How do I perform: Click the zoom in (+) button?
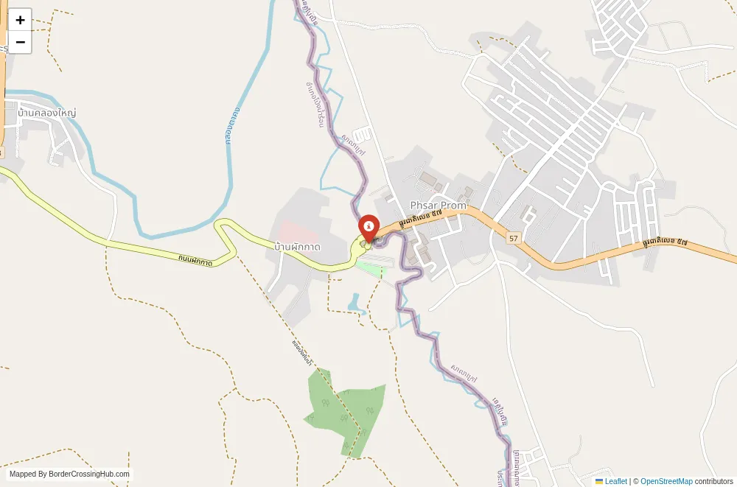pyautogui.click(x=20, y=20)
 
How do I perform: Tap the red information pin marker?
pyautogui.click(x=368, y=225)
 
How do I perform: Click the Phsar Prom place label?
pyautogui.click(x=439, y=206)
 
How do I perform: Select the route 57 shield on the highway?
pyautogui.click(x=514, y=238)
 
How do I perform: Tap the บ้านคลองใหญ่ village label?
pyautogui.click(x=47, y=113)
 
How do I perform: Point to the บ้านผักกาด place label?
pyautogui.click(x=297, y=247)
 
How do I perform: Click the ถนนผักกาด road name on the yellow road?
pyautogui.click(x=195, y=260)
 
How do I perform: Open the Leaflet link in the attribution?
pyautogui.click(x=615, y=481)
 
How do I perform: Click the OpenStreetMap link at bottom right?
pyautogui.click(x=666, y=481)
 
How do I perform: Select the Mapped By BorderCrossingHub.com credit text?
pyautogui.click(x=69, y=474)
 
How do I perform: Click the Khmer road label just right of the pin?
pyautogui.click(x=420, y=217)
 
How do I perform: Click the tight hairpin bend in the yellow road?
pyautogui.click(x=219, y=227)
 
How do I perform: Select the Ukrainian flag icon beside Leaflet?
pyautogui.click(x=599, y=481)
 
